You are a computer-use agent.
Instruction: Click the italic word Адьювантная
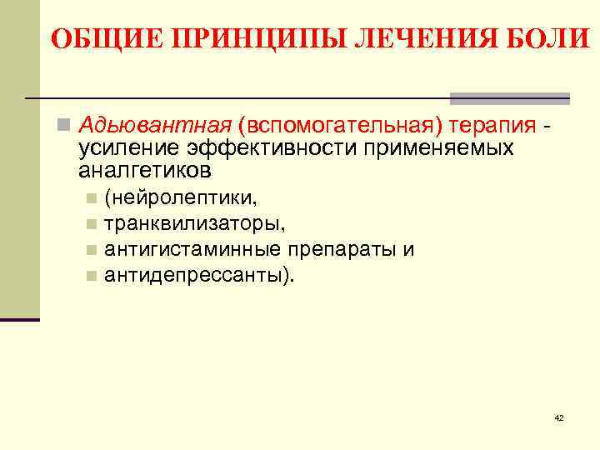pos(153,126)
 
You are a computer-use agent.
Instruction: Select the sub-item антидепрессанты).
pos(199,274)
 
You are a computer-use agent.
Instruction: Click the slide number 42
pos(558,417)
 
